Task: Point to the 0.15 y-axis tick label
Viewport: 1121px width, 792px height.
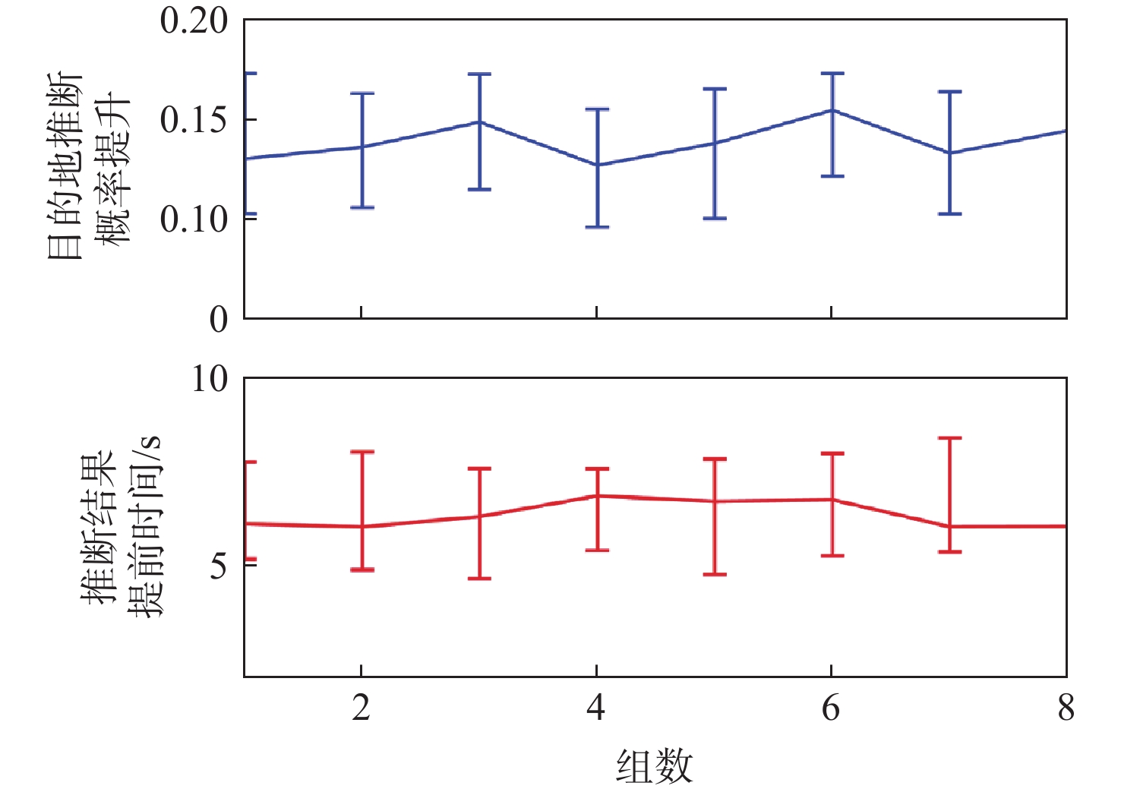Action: coord(194,120)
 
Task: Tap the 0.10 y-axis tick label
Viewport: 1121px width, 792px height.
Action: coord(194,219)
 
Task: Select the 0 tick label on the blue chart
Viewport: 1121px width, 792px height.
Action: coord(219,320)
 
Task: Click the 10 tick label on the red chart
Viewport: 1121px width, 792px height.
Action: coord(210,379)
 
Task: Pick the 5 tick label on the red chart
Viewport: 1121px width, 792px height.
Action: coord(219,565)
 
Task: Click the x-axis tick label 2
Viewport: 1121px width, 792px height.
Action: coord(361,708)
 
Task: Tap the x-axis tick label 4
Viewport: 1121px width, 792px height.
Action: coord(596,708)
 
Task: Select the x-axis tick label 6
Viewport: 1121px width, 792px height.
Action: coord(832,708)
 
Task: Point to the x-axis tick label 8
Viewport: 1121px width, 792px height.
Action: coord(1066,708)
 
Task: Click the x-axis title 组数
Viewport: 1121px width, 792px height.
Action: coord(654,765)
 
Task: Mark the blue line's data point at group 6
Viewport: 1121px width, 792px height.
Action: coord(832,110)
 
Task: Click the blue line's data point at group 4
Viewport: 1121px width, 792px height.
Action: coord(597,165)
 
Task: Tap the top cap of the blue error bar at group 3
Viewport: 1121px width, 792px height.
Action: coord(479,74)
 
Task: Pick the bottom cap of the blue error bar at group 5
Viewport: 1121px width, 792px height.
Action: coord(715,219)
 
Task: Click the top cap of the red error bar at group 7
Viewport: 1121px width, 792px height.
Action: coord(949,438)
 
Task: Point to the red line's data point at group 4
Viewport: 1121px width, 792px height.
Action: coord(597,496)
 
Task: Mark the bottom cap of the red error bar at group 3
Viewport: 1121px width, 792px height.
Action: coord(479,579)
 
